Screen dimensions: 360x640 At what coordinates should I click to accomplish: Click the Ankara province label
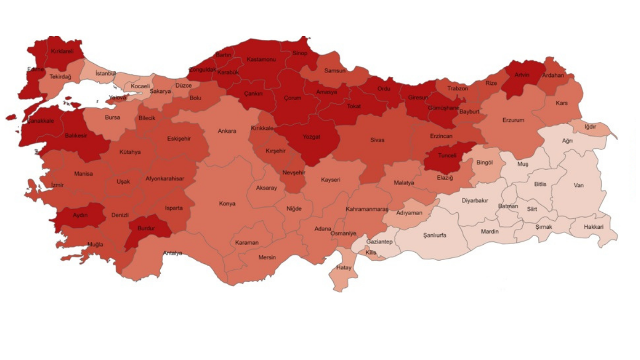227,131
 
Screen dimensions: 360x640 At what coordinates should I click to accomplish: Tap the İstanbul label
105,74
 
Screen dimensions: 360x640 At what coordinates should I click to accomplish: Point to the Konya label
227,204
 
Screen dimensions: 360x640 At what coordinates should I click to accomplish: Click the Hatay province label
343,268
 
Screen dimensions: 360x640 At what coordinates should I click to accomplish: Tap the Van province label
579,185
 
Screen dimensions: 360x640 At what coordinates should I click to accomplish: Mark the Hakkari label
594,227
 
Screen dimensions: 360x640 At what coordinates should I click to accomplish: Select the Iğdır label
590,127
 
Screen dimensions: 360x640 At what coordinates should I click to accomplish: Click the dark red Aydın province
80,215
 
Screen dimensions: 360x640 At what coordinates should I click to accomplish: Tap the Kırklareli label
62,52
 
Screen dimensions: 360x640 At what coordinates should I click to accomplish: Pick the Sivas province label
377,140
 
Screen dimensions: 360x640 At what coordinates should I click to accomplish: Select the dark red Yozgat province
311,137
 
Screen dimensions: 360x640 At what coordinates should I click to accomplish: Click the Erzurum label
513,120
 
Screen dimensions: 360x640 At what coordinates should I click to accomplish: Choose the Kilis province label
371,253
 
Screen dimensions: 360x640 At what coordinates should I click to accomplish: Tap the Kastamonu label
261,60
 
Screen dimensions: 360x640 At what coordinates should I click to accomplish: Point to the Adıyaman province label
409,213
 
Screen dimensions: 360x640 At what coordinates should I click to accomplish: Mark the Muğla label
95,244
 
